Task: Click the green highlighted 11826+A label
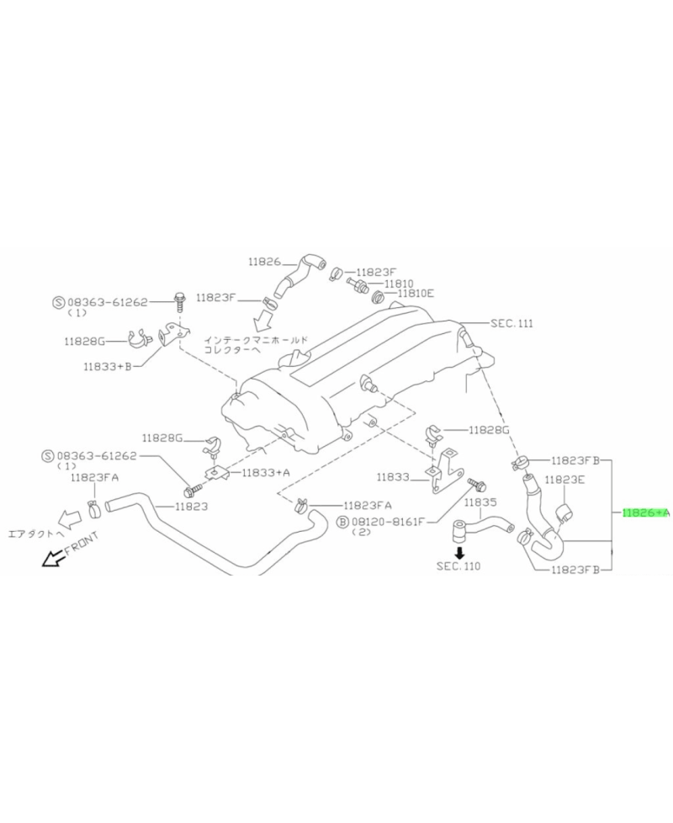[x=646, y=512]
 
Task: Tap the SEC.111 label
[x=511, y=323]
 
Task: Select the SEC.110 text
[x=458, y=566]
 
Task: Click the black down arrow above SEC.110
[x=459, y=553]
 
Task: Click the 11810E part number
[x=416, y=294]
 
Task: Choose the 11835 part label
[x=480, y=502]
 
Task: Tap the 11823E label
[x=564, y=479]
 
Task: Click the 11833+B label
[x=107, y=366]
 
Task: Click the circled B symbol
[x=342, y=523]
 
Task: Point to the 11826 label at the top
[x=264, y=262]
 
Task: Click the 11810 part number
[x=399, y=284]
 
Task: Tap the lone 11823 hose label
[x=191, y=507]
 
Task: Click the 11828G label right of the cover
[x=489, y=430]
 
